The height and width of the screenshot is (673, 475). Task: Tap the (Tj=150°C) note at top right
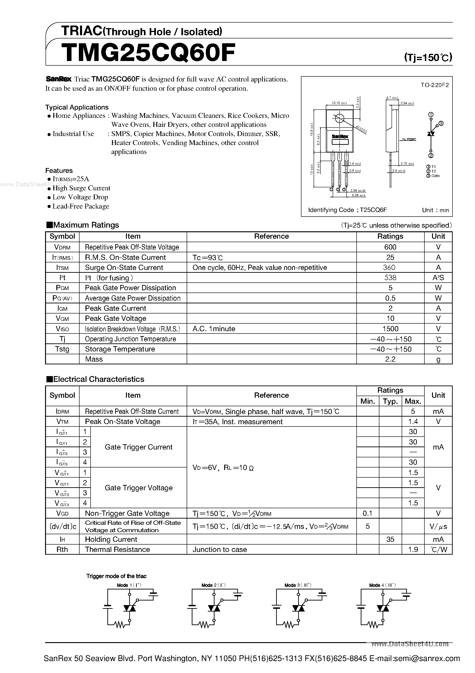(x=428, y=57)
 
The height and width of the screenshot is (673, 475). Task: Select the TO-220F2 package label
(x=435, y=85)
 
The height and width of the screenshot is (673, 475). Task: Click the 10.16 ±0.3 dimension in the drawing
(x=339, y=103)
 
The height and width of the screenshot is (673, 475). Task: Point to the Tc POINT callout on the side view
(x=409, y=139)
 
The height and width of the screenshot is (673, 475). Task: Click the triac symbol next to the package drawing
(x=431, y=134)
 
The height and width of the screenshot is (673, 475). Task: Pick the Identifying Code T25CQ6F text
(x=347, y=210)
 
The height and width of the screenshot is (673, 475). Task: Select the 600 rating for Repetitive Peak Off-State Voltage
(x=390, y=247)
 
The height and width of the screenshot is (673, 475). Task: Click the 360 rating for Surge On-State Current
(x=390, y=267)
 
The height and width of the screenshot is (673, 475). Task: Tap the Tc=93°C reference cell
(x=208, y=257)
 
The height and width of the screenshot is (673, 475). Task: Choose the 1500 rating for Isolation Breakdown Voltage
(x=390, y=329)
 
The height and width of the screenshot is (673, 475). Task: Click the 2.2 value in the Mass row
(x=390, y=359)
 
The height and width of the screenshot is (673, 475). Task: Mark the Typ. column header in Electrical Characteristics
(x=390, y=401)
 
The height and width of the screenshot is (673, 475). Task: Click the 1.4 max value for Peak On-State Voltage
(x=413, y=421)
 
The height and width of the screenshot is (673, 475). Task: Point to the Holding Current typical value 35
(x=390, y=539)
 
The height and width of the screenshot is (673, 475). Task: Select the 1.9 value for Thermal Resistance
(x=413, y=550)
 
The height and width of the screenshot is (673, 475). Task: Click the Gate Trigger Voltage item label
(x=138, y=488)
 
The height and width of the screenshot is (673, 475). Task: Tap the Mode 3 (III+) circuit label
(x=298, y=585)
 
